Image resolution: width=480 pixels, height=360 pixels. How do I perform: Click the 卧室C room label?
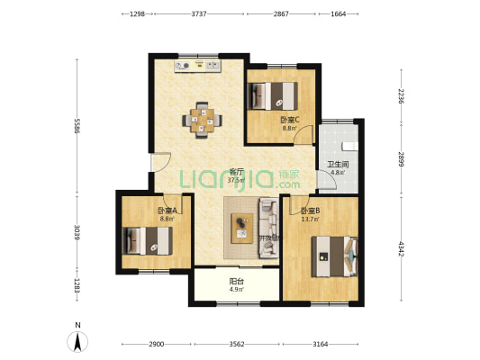coord(289,120)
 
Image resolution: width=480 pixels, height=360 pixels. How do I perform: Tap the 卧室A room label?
coord(167,210)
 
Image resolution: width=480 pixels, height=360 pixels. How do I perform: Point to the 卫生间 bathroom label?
coord(337,164)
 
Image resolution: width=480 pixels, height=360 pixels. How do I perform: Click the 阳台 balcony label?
coord(234,282)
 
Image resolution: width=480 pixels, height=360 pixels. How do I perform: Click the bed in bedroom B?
coord(333,256)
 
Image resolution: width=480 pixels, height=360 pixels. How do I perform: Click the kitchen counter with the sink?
coord(199,65)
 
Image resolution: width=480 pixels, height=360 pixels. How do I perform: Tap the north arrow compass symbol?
coord(78,340)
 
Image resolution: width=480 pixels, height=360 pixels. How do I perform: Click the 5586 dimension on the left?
coord(78,128)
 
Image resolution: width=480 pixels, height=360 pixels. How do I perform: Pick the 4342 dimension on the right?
coord(402,247)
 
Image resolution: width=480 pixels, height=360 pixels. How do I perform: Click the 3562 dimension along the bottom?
coord(238,345)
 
